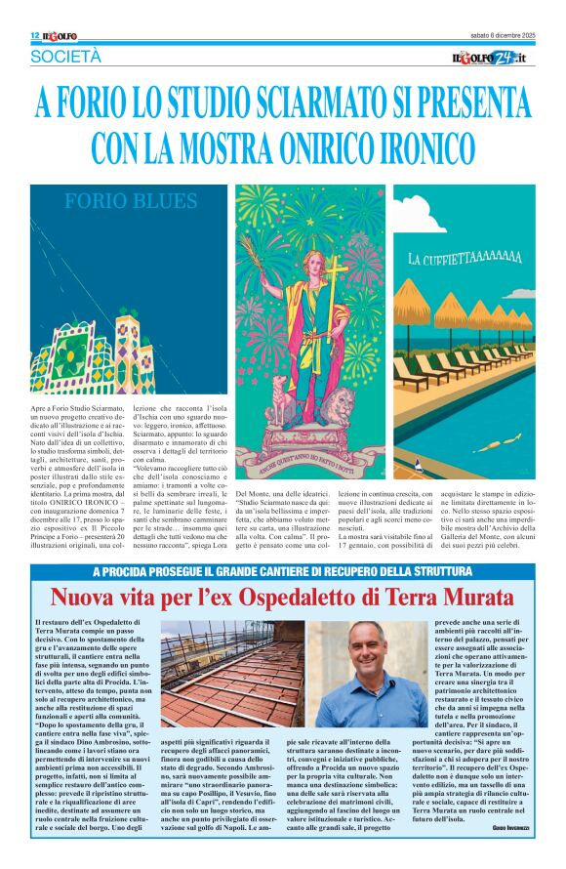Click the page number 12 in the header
(34, 35)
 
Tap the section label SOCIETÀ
(64, 57)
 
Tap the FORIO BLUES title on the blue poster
(130, 202)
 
